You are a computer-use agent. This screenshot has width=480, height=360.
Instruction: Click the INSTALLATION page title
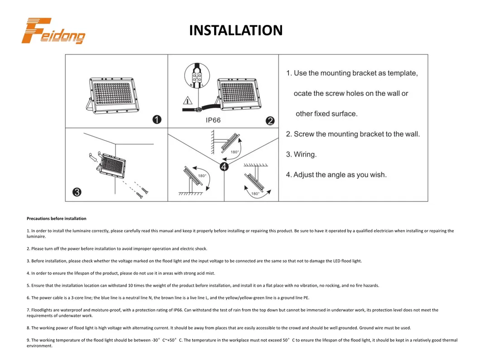click(x=235, y=30)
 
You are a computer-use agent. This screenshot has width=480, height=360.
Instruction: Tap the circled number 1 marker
click(x=157, y=120)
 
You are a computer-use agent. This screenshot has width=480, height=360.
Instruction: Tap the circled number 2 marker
click(x=270, y=120)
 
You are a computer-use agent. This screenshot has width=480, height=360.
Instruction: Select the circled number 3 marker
click(x=77, y=192)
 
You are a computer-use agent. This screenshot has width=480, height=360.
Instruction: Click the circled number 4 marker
click(x=224, y=167)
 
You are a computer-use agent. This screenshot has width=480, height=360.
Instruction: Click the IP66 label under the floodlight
click(x=213, y=120)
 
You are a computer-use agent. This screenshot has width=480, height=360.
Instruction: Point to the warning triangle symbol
click(x=187, y=101)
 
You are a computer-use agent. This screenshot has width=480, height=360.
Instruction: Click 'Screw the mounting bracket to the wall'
click(x=356, y=134)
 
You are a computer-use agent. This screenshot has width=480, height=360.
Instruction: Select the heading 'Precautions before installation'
click(x=56, y=219)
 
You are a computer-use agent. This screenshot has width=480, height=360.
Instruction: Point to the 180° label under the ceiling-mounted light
click(x=255, y=194)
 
